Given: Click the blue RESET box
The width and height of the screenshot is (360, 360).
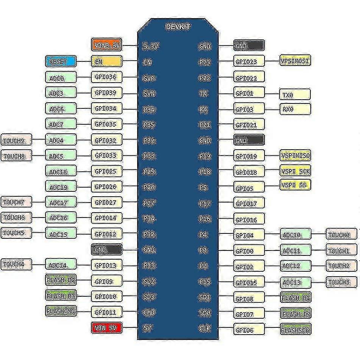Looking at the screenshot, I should pyautogui.click(x=61, y=61).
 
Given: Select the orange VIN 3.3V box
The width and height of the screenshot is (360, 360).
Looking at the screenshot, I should pyautogui.click(x=106, y=45).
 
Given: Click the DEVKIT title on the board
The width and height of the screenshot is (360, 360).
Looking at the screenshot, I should pyautogui.click(x=178, y=27).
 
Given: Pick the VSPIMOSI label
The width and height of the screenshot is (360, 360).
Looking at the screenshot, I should pyautogui.click(x=295, y=61).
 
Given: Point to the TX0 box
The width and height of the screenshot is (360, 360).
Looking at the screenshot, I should pyautogui.click(x=295, y=94).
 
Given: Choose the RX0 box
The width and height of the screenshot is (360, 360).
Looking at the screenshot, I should pyautogui.click(x=295, y=109).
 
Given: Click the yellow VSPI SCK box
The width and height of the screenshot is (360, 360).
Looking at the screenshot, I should pyautogui.click(x=295, y=171).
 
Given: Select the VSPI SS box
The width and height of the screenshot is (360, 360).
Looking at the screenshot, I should pyautogui.click(x=295, y=185).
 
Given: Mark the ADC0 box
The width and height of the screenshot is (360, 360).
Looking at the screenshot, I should pyautogui.click(x=61, y=77).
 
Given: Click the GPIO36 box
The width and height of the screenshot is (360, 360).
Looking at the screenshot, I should pyautogui.click(x=106, y=77).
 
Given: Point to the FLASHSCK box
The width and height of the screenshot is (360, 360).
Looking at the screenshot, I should pyautogui.click(x=295, y=329).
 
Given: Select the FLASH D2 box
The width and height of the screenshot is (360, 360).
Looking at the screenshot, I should pyautogui.click(x=61, y=280).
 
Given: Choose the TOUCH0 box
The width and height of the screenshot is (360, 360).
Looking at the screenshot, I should pyautogui.click(x=342, y=235).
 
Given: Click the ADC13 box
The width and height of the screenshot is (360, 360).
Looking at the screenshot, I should pyautogui.click(x=295, y=282).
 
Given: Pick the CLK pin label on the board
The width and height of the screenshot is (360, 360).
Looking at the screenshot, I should pyautogui.click(x=205, y=328).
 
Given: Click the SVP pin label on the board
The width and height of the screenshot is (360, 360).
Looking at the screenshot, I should pyautogui.click(x=149, y=78).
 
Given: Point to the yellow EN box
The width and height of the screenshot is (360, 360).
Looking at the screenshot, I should pyautogui.click(x=106, y=61).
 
